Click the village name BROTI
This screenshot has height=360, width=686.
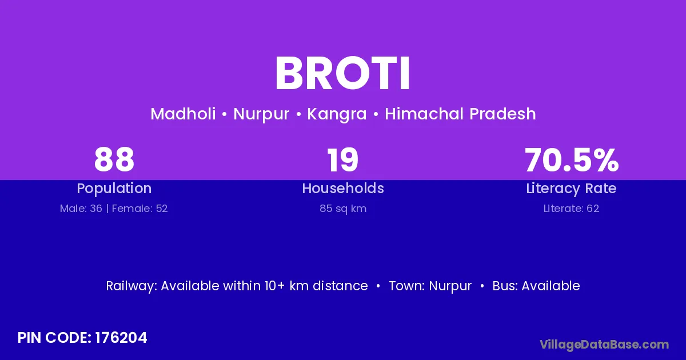point(342,74)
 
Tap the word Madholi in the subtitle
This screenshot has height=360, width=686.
point(183,114)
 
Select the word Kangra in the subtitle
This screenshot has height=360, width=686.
point(337,114)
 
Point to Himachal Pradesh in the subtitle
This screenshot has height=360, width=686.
point(460,114)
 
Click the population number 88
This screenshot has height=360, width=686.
point(114,159)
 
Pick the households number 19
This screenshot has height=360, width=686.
point(342,159)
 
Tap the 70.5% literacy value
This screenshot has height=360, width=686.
point(572,159)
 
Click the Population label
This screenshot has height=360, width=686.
point(114,189)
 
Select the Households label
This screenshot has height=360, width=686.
point(343,188)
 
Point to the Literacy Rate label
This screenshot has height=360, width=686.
point(571,189)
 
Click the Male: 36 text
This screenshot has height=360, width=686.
point(81,209)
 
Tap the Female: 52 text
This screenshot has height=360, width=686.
point(139,209)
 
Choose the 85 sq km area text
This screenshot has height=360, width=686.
point(343,209)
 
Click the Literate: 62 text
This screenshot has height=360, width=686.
point(571,209)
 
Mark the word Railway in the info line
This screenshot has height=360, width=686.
point(131,286)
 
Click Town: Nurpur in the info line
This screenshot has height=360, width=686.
point(430,286)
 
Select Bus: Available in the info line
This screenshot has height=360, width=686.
point(536,286)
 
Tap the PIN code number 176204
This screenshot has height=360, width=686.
point(121,338)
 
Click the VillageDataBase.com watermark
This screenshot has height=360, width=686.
point(604,345)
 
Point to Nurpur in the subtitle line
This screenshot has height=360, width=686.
point(261,114)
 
